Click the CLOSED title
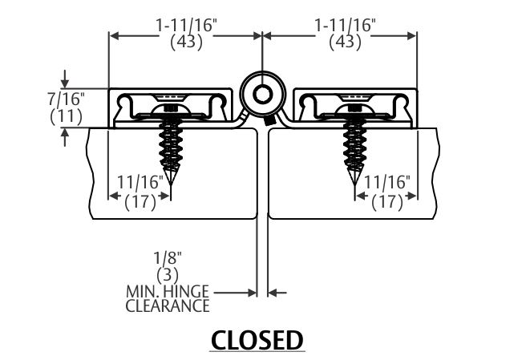[257, 340]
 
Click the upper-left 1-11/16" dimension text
[186, 26]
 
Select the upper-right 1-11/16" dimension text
[343, 26]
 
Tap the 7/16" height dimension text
[67, 99]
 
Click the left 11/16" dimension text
[139, 184]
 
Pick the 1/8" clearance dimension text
[169, 258]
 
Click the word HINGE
[188, 292]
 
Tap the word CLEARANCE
[168, 305]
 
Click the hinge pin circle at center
[262, 95]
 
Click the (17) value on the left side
[141, 201]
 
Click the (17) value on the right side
[387, 201]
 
